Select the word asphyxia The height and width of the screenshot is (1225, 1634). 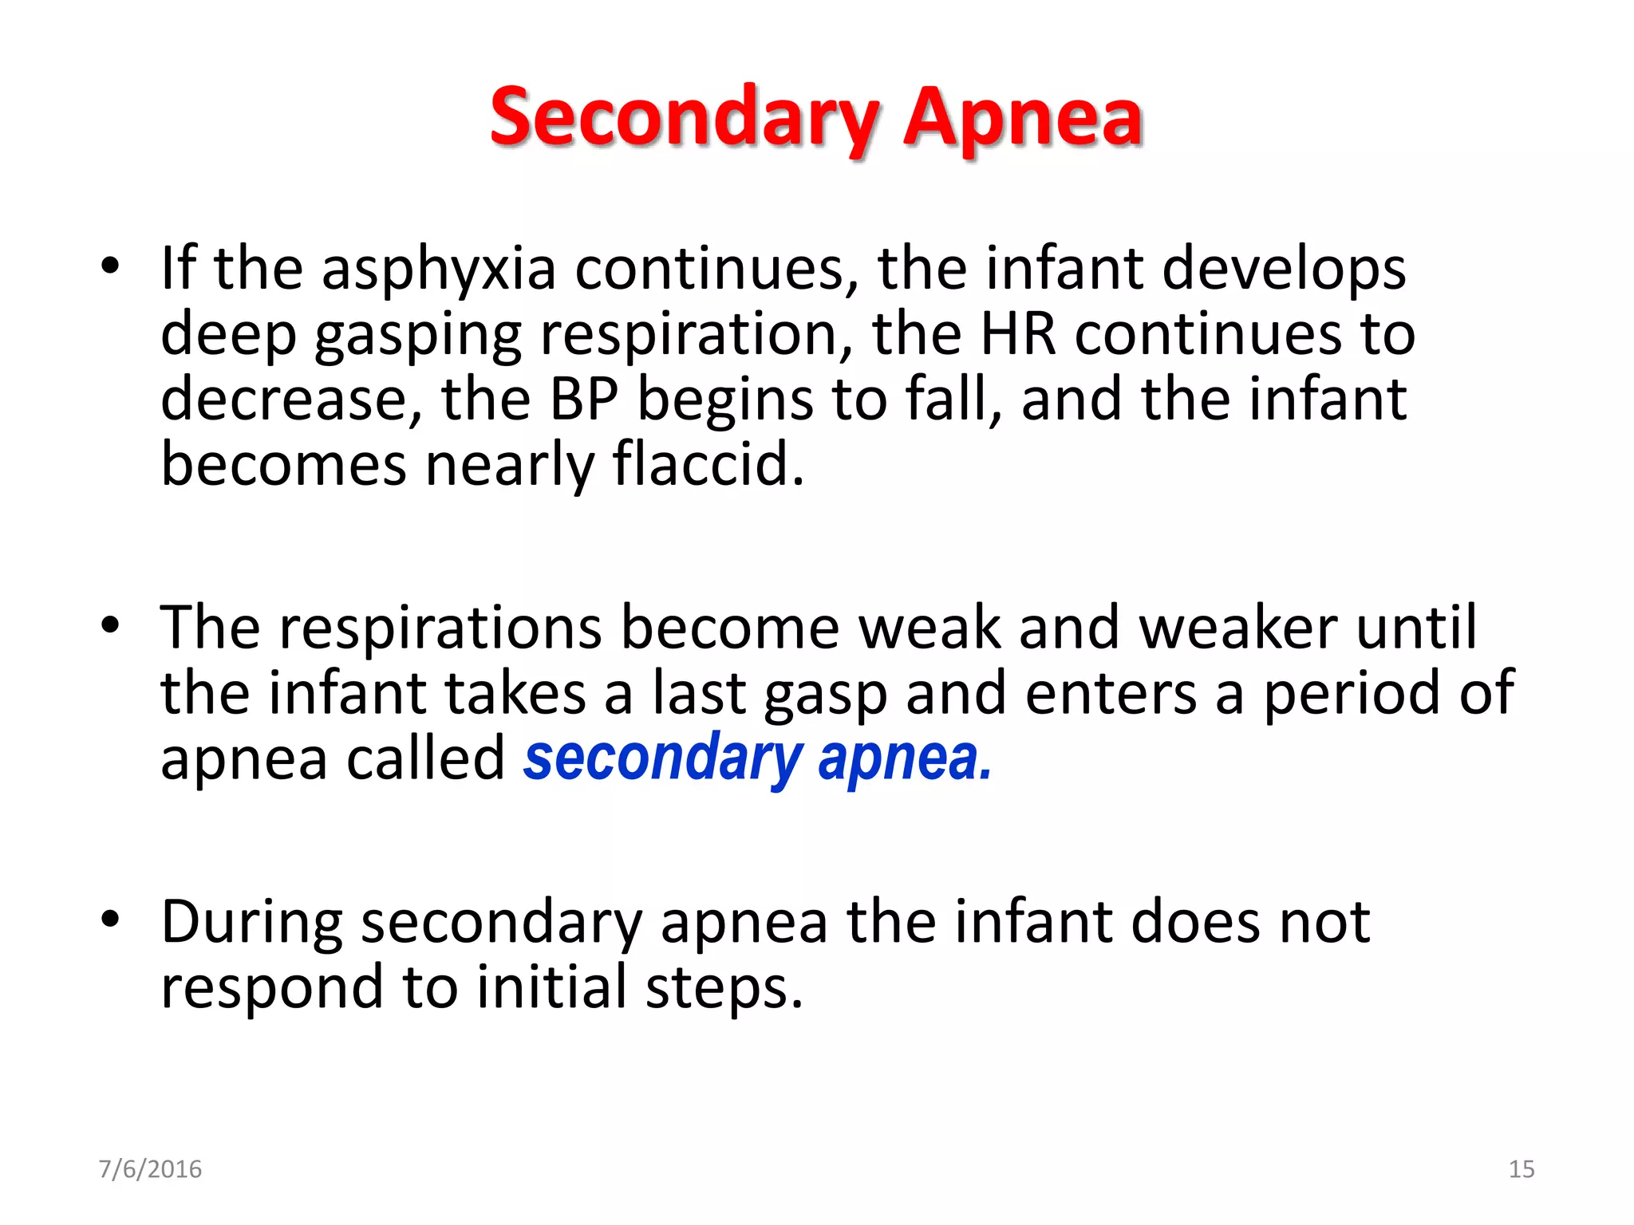pos(438,269)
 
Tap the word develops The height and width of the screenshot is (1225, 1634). pos(1284,269)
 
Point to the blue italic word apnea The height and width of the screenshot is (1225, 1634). pos(904,758)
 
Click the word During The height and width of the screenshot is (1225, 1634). pos(252,923)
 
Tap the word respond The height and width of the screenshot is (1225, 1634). pos(272,988)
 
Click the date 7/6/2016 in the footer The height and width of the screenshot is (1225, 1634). pos(150,1169)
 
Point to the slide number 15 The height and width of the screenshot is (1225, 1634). pos(1522,1169)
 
